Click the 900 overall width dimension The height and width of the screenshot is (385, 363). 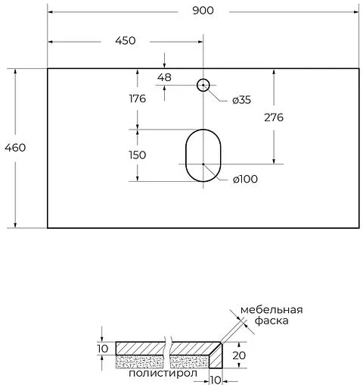[x=203, y=10]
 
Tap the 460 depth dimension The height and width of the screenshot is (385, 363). [x=15, y=147]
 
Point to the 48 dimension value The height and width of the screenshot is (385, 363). [x=165, y=77]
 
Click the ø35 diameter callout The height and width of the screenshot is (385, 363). [x=241, y=100]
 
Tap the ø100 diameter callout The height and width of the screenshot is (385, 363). [x=244, y=179]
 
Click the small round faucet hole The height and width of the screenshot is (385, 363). [x=203, y=85]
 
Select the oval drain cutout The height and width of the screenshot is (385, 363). [x=202, y=155]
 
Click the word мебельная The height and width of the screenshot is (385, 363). [x=271, y=309]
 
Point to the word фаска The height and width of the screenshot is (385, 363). [x=260, y=321]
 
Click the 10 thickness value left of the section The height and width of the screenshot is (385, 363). [x=104, y=348]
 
